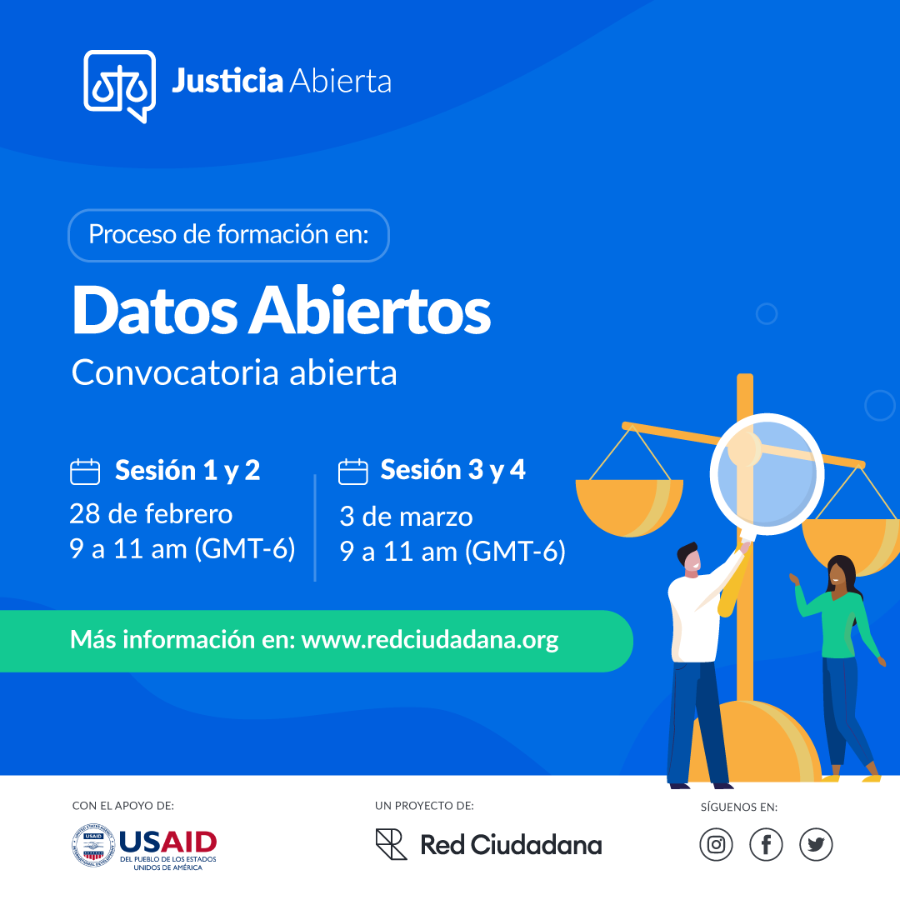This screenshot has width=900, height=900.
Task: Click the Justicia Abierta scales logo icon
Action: pos(119,84)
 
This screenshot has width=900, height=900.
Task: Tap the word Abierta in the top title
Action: pos(340,82)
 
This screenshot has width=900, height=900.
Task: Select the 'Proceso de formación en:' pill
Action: pos(227,235)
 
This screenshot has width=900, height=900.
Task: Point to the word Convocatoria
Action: pos(175,372)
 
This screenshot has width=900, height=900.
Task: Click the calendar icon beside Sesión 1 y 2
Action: pos(85,472)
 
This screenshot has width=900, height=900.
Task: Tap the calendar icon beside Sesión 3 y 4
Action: pos(352,472)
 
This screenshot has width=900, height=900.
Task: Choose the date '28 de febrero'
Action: pos(151,513)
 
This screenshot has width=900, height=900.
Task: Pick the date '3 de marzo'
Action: pos(406,517)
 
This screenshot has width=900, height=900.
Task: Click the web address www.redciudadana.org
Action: pos(429,640)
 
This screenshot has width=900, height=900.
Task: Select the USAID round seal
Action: pos(92,845)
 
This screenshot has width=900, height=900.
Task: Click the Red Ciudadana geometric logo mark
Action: pos(391,844)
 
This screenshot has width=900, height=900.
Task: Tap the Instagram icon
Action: pos(716,845)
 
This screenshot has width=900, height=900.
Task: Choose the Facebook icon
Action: pos(766,845)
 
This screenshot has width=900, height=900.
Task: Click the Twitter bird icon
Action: pos(816,845)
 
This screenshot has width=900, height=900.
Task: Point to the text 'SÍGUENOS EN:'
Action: pos(738,807)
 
